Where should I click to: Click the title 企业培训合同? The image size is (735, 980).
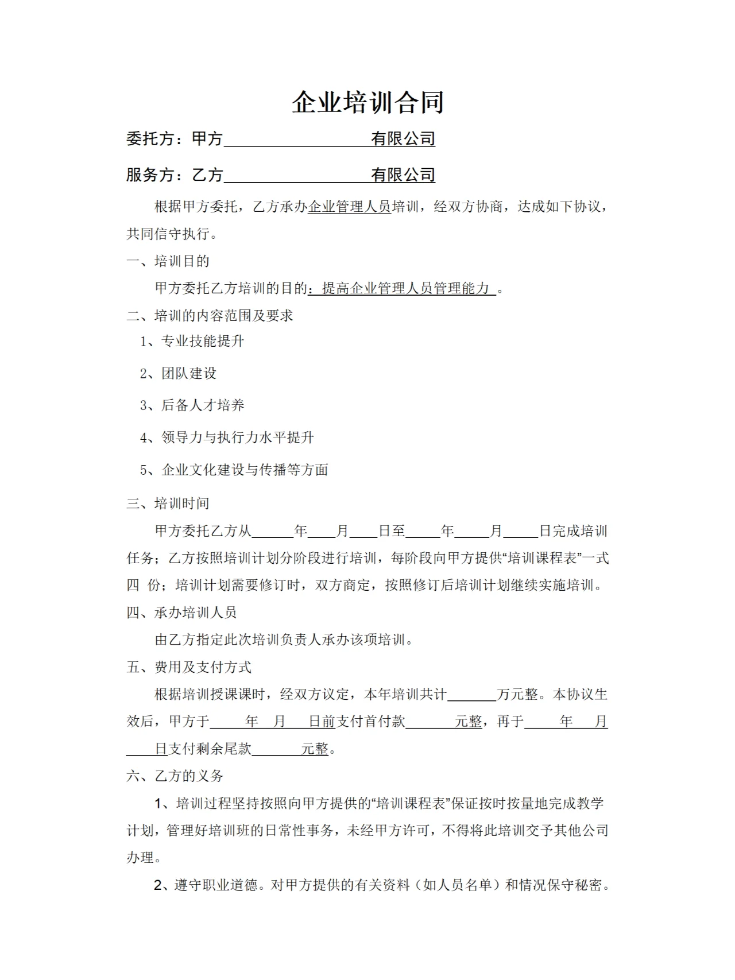[367, 102]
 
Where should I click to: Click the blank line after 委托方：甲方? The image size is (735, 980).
[296, 140]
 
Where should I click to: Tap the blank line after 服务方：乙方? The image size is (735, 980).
[296, 176]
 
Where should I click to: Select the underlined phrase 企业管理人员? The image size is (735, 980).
[349, 207]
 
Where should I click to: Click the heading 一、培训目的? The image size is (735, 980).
[168, 261]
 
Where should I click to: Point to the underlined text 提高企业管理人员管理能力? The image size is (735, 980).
[405, 288]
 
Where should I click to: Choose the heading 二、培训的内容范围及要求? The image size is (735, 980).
[210, 315]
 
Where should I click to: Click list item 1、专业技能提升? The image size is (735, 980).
[192, 341]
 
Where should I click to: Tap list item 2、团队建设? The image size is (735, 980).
[178, 373]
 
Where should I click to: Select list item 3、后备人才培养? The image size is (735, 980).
[192, 405]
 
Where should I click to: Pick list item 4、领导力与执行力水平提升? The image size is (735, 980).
[227, 437]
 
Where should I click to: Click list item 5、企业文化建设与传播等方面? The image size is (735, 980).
[234, 470]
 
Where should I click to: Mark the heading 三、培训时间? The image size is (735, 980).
[168, 503]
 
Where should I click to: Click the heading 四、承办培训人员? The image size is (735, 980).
[181, 613]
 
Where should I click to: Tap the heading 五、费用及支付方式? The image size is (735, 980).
[189, 667]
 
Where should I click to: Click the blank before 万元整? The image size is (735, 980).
[472, 695]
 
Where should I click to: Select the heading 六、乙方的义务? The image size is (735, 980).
[175, 776]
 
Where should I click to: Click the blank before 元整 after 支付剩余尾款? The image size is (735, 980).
[276, 749]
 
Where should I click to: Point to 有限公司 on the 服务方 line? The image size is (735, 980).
[403, 175]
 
